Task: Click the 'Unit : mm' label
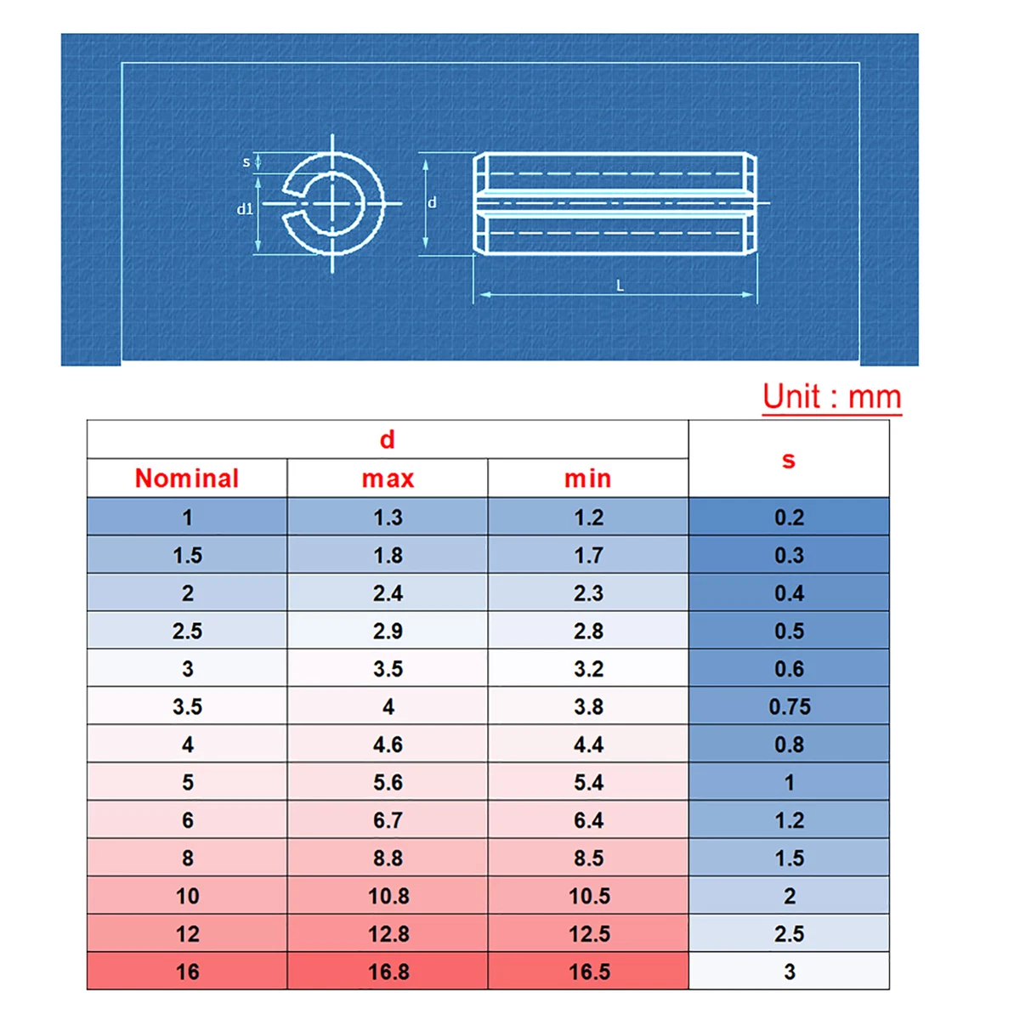831,397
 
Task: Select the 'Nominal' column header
187,479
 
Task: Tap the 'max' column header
388,479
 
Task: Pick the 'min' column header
588,479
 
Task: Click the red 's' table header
789,460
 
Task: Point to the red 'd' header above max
388,439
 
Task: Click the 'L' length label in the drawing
620,286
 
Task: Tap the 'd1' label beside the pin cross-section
245,209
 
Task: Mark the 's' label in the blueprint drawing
246,161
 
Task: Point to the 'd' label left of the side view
432,202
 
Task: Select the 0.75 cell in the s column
789,706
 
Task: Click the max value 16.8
388,972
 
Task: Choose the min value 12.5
588,933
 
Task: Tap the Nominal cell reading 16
187,972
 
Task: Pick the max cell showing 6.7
388,820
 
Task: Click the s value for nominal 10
789,896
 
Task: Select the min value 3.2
588,669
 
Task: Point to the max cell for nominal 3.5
388,706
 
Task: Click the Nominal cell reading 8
187,858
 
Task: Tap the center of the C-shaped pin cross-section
332,204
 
